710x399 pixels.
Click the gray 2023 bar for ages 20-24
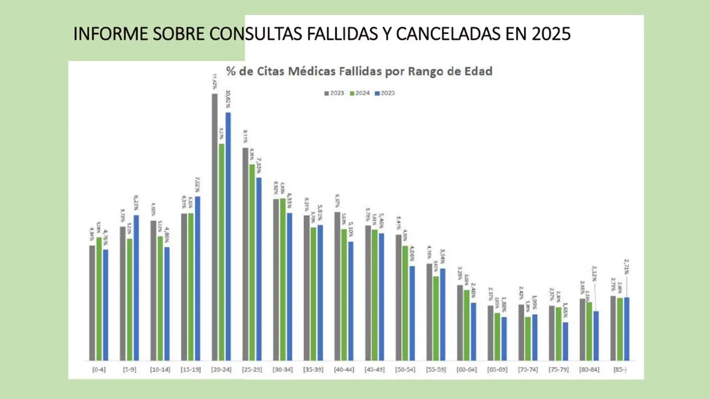click(215, 227)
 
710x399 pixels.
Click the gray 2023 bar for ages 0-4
click(92, 303)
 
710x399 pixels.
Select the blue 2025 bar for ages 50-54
click(412, 313)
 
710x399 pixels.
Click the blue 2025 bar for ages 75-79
click(565, 341)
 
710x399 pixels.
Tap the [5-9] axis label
click(129, 369)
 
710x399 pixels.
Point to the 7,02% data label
click(197, 183)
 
